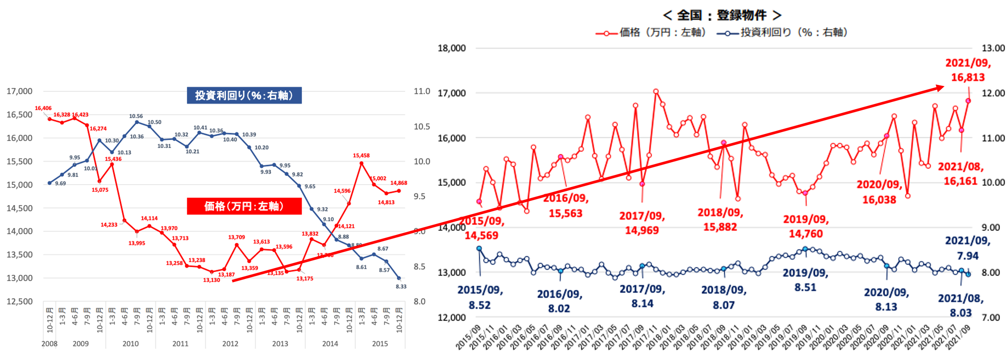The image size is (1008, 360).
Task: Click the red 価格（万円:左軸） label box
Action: [244, 206]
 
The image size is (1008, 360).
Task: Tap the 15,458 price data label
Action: [361, 155]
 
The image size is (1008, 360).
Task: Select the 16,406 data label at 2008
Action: [43, 108]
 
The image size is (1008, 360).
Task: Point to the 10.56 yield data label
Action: [136, 116]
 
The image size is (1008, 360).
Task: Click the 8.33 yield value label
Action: [401, 287]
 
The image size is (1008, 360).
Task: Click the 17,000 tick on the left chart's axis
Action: [19, 91]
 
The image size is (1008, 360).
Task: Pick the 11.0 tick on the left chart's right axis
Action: [422, 91]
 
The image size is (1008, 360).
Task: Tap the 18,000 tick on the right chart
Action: [452, 48]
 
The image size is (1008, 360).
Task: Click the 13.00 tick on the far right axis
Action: [993, 48]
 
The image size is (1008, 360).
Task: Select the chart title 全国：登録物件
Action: [722, 15]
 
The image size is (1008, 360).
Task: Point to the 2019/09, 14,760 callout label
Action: [806, 226]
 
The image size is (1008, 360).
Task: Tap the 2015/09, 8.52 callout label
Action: [480, 297]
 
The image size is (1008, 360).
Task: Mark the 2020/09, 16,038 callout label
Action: [879, 192]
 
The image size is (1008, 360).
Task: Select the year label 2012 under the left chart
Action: [230, 343]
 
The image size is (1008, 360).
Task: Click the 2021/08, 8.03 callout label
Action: [961, 306]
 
